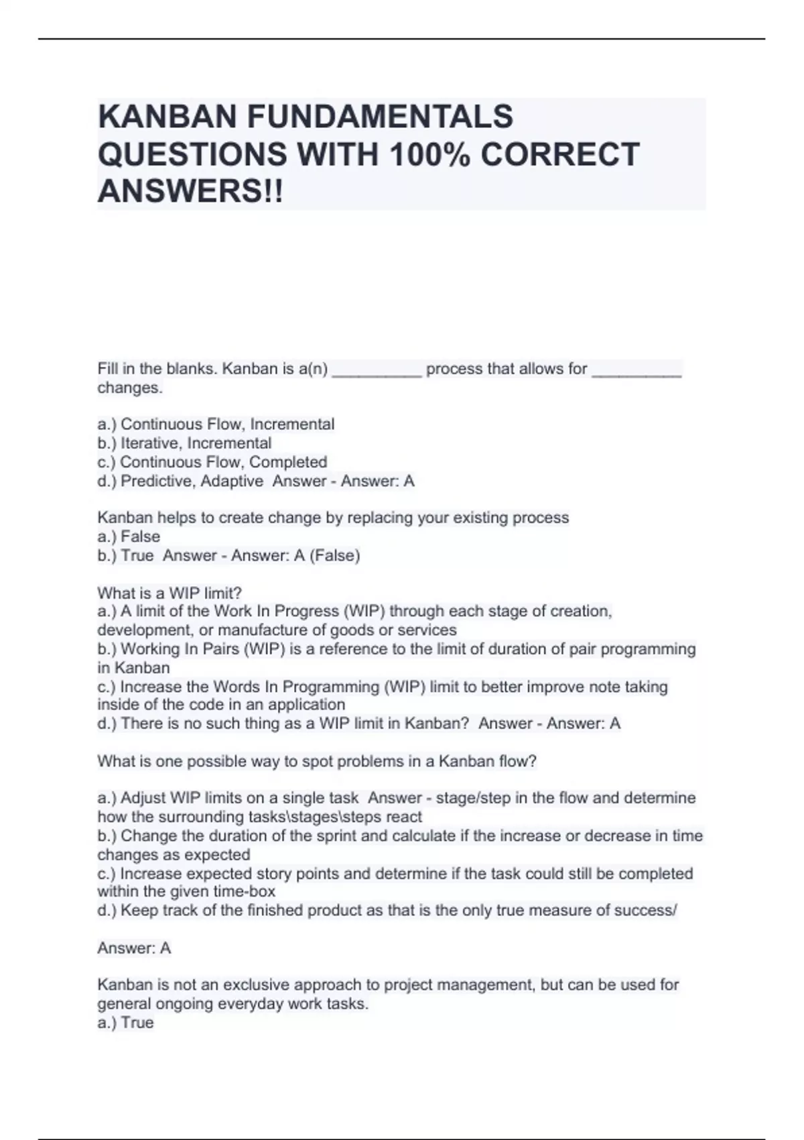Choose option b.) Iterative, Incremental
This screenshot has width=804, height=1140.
[x=184, y=443]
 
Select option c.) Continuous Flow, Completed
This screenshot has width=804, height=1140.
[x=212, y=462]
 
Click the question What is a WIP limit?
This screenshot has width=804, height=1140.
[x=170, y=593]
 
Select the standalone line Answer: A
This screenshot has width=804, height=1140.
[x=134, y=948]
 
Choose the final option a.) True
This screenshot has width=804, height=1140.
[x=126, y=1023]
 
